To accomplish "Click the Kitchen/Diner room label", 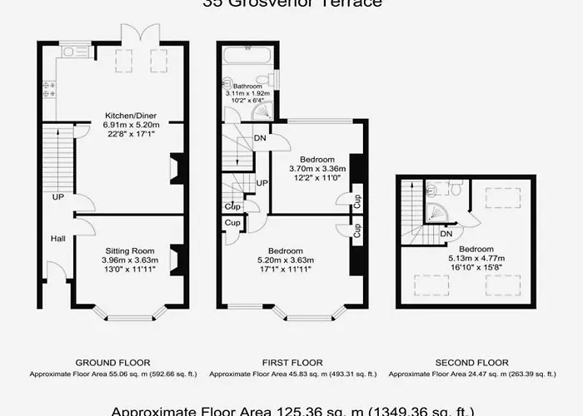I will pos(131,115).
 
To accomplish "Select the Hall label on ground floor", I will pos(57,239).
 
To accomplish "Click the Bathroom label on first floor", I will pos(247,86).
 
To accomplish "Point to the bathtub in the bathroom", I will pos(247,57).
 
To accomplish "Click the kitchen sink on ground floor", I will pos(76,52).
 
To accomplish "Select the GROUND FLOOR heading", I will pos(112,363).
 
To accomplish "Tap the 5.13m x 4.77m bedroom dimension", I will pos(476,259).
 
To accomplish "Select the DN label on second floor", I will pos(446,235).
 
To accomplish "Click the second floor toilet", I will pos(456,189).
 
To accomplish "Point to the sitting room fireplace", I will pos(176,259).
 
